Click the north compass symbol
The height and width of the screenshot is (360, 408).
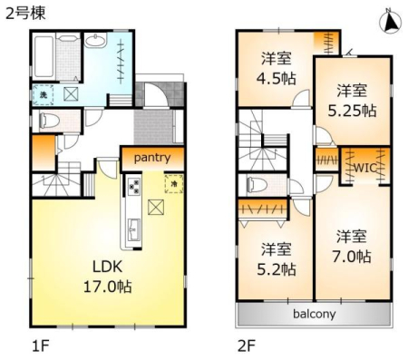click(x=391, y=21)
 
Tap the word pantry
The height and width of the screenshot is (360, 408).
click(x=152, y=158)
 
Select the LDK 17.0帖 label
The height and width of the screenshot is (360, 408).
click(x=108, y=277)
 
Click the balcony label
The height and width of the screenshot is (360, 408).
click(x=315, y=314)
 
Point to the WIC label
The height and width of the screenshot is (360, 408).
click(x=364, y=167)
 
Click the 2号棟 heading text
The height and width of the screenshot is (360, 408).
click(x=25, y=14)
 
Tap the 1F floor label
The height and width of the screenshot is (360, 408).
click(x=41, y=345)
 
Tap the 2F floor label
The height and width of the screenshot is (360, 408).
click(x=247, y=345)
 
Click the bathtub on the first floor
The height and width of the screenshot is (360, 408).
click(x=44, y=56)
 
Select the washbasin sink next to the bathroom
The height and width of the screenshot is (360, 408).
click(x=95, y=40)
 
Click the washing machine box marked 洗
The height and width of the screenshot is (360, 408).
click(x=43, y=94)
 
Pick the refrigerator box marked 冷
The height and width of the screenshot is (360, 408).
click(x=174, y=183)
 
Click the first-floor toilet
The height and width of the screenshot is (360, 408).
click(x=49, y=121)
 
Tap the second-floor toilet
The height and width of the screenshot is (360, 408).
click(x=257, y=184)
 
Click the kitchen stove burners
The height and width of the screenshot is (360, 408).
click(x=134, y=187)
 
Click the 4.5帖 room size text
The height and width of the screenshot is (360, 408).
click(x=276, y=79)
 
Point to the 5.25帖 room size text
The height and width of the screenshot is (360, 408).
click(x=352, y=111)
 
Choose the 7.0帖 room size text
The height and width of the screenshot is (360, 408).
click(x=352, y=257)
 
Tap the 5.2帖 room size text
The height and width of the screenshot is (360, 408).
click(x=277, y=269)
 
